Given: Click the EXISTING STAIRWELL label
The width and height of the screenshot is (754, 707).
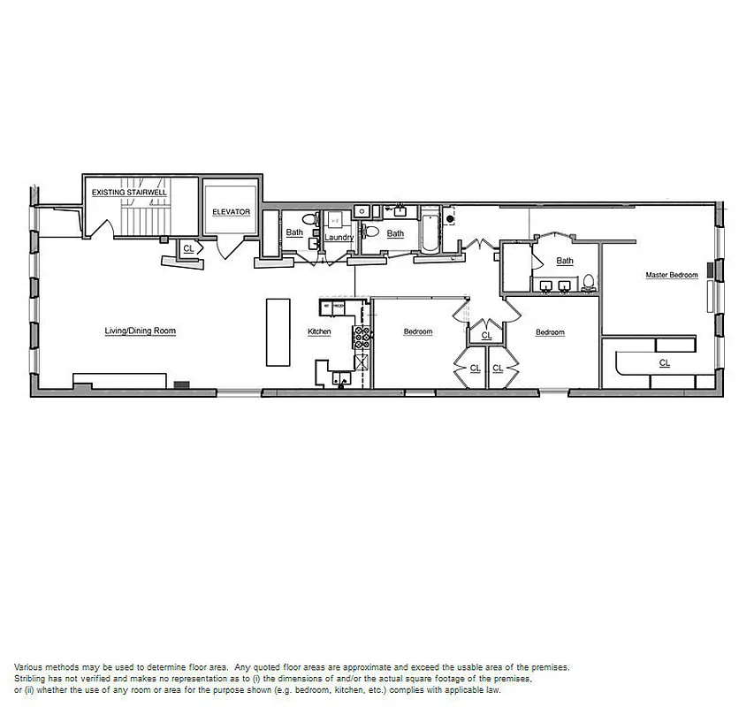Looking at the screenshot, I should (x=130, y=192).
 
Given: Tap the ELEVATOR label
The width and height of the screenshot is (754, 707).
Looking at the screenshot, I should (x=231, y=212).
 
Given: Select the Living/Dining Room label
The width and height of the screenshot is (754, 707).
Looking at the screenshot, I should (x=141, y=331).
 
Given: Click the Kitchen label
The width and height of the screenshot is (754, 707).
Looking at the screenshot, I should (x=319, y=332).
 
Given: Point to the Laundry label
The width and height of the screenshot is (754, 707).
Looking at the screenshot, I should (x=339, y=238).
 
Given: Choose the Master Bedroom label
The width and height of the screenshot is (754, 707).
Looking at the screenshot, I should (x=671, y=276).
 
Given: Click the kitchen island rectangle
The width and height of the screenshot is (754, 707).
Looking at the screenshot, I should (x=278, y=331).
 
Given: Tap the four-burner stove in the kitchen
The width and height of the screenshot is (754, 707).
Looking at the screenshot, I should (x=361, y=336).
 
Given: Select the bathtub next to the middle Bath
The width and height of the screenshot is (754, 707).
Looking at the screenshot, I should (x=430, y=230).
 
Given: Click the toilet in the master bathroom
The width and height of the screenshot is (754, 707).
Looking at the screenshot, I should (x=589, y=283).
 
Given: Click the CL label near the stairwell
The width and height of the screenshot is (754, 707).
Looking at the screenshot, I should (x=188, y=250).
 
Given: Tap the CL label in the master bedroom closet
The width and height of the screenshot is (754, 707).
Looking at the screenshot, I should (x=665, y=363).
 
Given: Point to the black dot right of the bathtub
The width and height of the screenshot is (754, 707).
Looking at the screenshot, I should (x=450, y=217).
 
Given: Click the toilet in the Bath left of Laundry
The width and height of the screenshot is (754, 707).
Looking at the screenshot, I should (x=308, y=218).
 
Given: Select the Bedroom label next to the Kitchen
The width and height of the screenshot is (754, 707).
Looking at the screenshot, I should (x=418, y=332).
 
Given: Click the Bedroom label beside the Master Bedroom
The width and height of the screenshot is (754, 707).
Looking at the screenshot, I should (x=550, y=333).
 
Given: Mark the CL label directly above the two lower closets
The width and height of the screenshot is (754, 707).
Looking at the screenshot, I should (x=487, y=336).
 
